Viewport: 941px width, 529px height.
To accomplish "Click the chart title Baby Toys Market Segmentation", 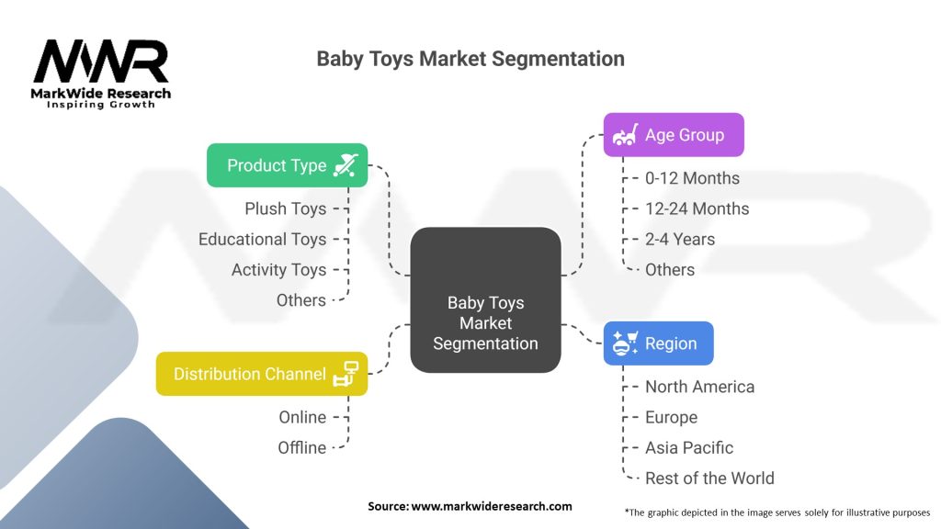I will pyautogui.click(x=470, y=59).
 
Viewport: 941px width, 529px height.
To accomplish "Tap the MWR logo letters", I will pyautogui.click(x=101, y=62).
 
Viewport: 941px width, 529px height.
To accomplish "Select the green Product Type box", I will pyautogui.click(x=287, y=165).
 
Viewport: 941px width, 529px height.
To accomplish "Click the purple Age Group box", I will pyautogui.click(x=673, y=135).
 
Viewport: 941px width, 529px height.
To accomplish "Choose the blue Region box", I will pyautogui.click(x=658, y=343).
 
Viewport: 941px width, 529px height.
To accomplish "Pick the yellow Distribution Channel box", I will pyautogui.click(x=262, y=374).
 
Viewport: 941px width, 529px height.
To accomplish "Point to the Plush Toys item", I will pyautogui.click(x=285, y=208).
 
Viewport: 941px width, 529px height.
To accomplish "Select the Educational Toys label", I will pyautogui.click(x=262, y=239).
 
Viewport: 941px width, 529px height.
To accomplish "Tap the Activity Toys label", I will pyautogui.click(x=278, y=269).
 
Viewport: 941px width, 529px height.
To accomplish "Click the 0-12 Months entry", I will pyautogui.click(x=692, y=178).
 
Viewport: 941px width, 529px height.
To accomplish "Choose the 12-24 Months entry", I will pyautogui.click(x=697, y=208).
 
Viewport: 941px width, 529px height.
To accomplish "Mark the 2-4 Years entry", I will pyautogui.click(x=680, y=239).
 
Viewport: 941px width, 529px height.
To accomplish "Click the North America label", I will pyautogui.click(x=699, y=387).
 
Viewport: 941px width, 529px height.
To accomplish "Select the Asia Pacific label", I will pyautogui.click(x=689, y=447).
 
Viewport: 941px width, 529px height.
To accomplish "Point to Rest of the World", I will pyautogui.click(x=709, y=478).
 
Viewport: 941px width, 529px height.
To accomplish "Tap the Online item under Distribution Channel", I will pyautogui.click(x=302, y=417).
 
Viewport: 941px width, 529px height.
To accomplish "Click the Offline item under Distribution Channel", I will pyautogui.click(x=302, y=447).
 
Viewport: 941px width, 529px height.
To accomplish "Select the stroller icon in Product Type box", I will pyautogui.click(x=345, y=165).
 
